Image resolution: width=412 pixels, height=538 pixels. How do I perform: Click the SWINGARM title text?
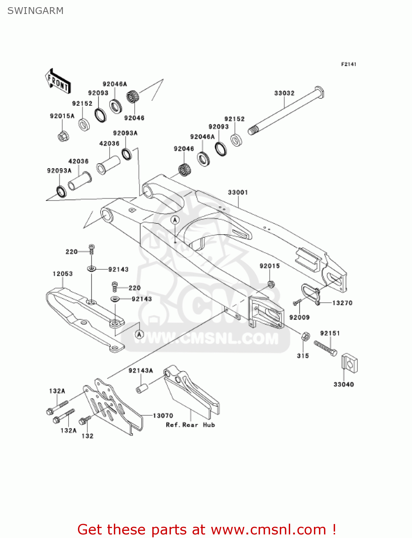[35, 11]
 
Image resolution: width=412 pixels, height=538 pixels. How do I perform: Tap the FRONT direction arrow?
[57, 81]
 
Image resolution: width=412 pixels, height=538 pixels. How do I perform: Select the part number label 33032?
[284, 93]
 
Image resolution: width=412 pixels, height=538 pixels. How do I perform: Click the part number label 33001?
[238, 193]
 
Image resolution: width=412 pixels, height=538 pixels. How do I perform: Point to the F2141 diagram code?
[348, 64]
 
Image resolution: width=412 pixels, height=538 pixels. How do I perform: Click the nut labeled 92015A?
[63, 136]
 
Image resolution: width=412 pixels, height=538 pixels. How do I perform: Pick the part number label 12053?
[63, 274]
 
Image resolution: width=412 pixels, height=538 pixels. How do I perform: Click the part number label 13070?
[163, 416]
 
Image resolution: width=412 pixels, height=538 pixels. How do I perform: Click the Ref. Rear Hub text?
[190, 425]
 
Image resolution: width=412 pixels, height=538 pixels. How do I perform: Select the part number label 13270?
[342, 303]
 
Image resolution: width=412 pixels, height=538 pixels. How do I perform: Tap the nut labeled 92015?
[271, 284]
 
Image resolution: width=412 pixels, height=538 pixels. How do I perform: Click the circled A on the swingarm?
[175, 220]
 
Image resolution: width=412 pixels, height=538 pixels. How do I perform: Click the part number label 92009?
[299, 317]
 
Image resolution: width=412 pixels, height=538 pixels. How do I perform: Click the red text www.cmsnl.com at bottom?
[268, 530]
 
